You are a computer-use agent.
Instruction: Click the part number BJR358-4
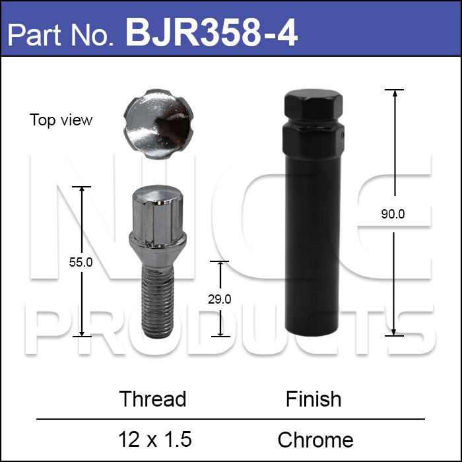212,32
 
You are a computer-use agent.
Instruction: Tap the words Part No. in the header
60,36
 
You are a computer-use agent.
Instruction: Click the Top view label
61,120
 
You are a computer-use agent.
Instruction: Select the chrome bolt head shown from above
158,124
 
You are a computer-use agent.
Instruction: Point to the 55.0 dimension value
81,262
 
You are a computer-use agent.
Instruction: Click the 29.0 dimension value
220,300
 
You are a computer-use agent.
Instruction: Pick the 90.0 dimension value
393,214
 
